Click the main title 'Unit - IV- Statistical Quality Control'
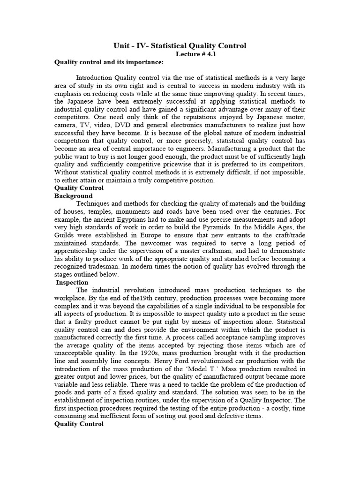tap(180, 45)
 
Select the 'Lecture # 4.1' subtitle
tap(196, 54)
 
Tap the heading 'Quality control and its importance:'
tap(109, 62)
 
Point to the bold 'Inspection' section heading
tap(72, 283)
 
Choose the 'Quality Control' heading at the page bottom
tap(79, 424)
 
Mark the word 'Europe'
tap(165, 235)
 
